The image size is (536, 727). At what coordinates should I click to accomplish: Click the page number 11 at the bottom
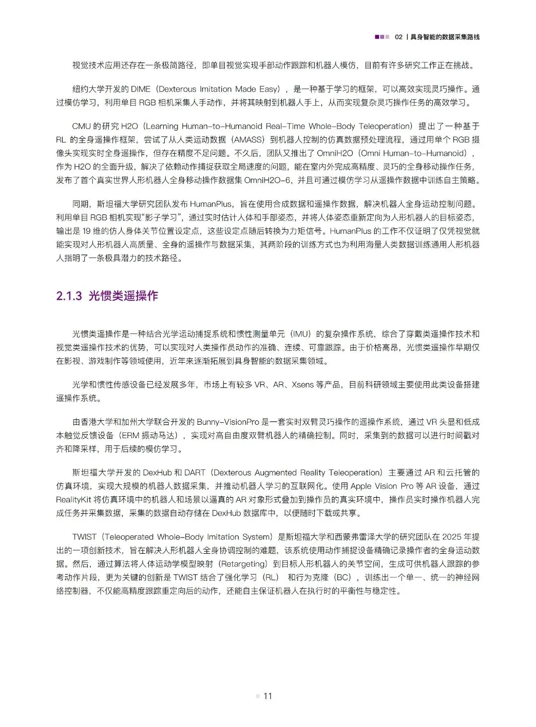[268, 696]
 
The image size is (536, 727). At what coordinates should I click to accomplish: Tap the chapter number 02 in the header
[399, 37]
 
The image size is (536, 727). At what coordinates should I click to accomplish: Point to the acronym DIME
[140, 89]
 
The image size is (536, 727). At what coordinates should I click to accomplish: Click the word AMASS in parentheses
[248, 140]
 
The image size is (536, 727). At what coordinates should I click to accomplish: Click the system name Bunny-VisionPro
[228, 422]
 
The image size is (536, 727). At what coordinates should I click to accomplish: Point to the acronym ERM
[130, 435]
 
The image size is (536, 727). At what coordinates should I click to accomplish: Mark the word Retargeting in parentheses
[243, 564]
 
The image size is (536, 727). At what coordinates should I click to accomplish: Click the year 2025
[448, 537]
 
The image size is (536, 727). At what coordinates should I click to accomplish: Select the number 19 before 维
[86, 231]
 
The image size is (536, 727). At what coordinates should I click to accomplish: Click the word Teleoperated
[130, 537]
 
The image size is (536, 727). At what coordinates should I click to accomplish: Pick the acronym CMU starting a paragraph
[81, 127]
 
